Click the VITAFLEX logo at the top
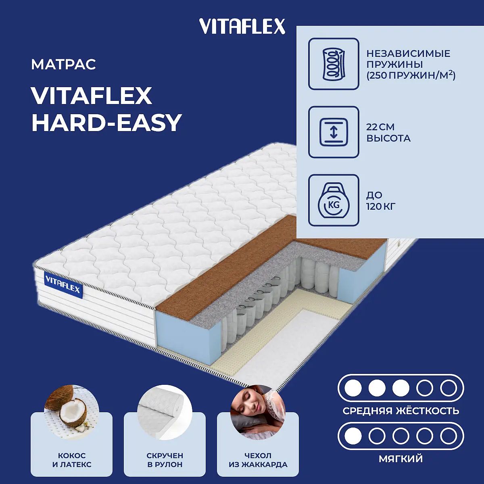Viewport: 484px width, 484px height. click(242, 26)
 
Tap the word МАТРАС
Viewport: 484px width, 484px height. click(64, 65)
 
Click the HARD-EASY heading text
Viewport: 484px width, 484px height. click(106, 123)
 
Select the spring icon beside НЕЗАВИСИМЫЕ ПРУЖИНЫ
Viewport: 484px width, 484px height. click(334, 64)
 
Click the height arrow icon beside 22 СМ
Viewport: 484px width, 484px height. click(334, 132)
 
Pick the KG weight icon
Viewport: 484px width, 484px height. click(334, 200)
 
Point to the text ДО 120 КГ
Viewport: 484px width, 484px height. click(381, 201)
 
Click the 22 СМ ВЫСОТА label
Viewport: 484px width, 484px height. click(388, 133)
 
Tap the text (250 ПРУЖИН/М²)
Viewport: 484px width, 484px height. click(411, 75)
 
